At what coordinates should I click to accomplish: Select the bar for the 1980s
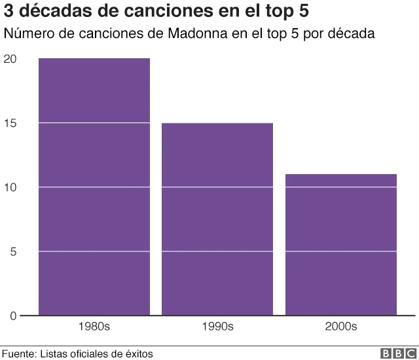[94, 187]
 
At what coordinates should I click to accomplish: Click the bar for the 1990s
[217, 219]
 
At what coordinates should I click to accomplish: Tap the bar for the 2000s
[341, 245]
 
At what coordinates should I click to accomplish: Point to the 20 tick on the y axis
[9, 60]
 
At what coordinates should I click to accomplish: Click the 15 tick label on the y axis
[9, 124]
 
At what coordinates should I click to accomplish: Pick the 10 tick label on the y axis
[9, 188]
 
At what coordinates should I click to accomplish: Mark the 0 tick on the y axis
[12, 317]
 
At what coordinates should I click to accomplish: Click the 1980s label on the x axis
[94, 326]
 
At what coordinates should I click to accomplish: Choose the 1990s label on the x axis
[217, 326]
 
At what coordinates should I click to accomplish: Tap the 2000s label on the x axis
[341, 326]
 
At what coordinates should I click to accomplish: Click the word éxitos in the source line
[138, 353]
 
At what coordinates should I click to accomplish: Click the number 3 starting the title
[9, 12]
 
